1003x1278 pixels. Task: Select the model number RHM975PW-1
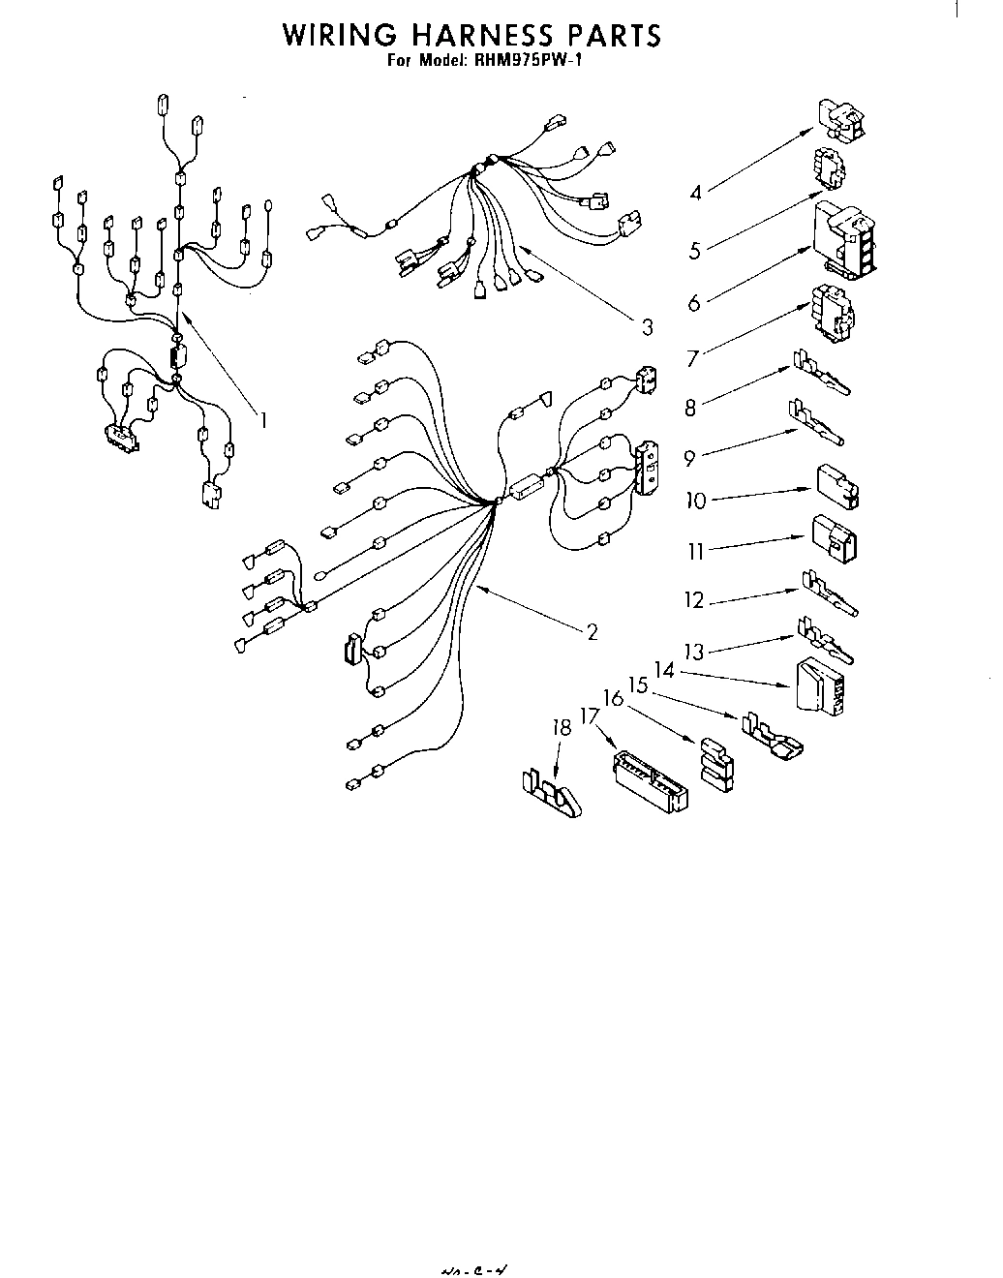coord(525,60)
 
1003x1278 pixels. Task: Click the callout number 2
coord(592,632)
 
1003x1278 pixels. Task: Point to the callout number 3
coord(647,326)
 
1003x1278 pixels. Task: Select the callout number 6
coord(694,302)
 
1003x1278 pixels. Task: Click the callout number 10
coord(696,501)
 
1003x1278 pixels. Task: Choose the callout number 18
coord(562,728)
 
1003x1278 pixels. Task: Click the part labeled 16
coord(715,762)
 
